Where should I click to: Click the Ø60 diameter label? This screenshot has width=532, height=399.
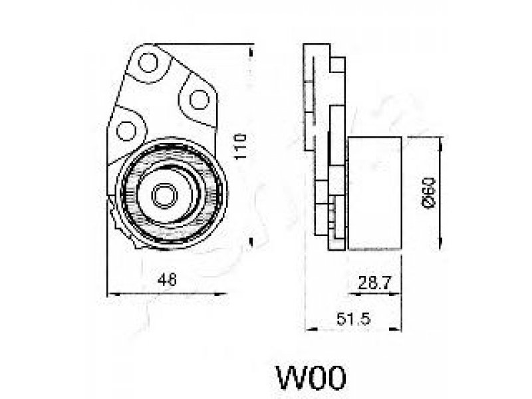(429, 193)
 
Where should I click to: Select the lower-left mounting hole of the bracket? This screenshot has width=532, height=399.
(124, 128)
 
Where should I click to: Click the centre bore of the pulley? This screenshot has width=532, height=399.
(162, 195)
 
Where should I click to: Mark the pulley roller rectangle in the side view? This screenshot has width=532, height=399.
(374, 193)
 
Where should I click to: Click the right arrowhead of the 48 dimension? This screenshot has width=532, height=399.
(223, 293)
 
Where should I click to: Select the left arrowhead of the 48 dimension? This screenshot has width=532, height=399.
(110, 293)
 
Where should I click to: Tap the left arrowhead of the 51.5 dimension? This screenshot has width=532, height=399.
(307, 328)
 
